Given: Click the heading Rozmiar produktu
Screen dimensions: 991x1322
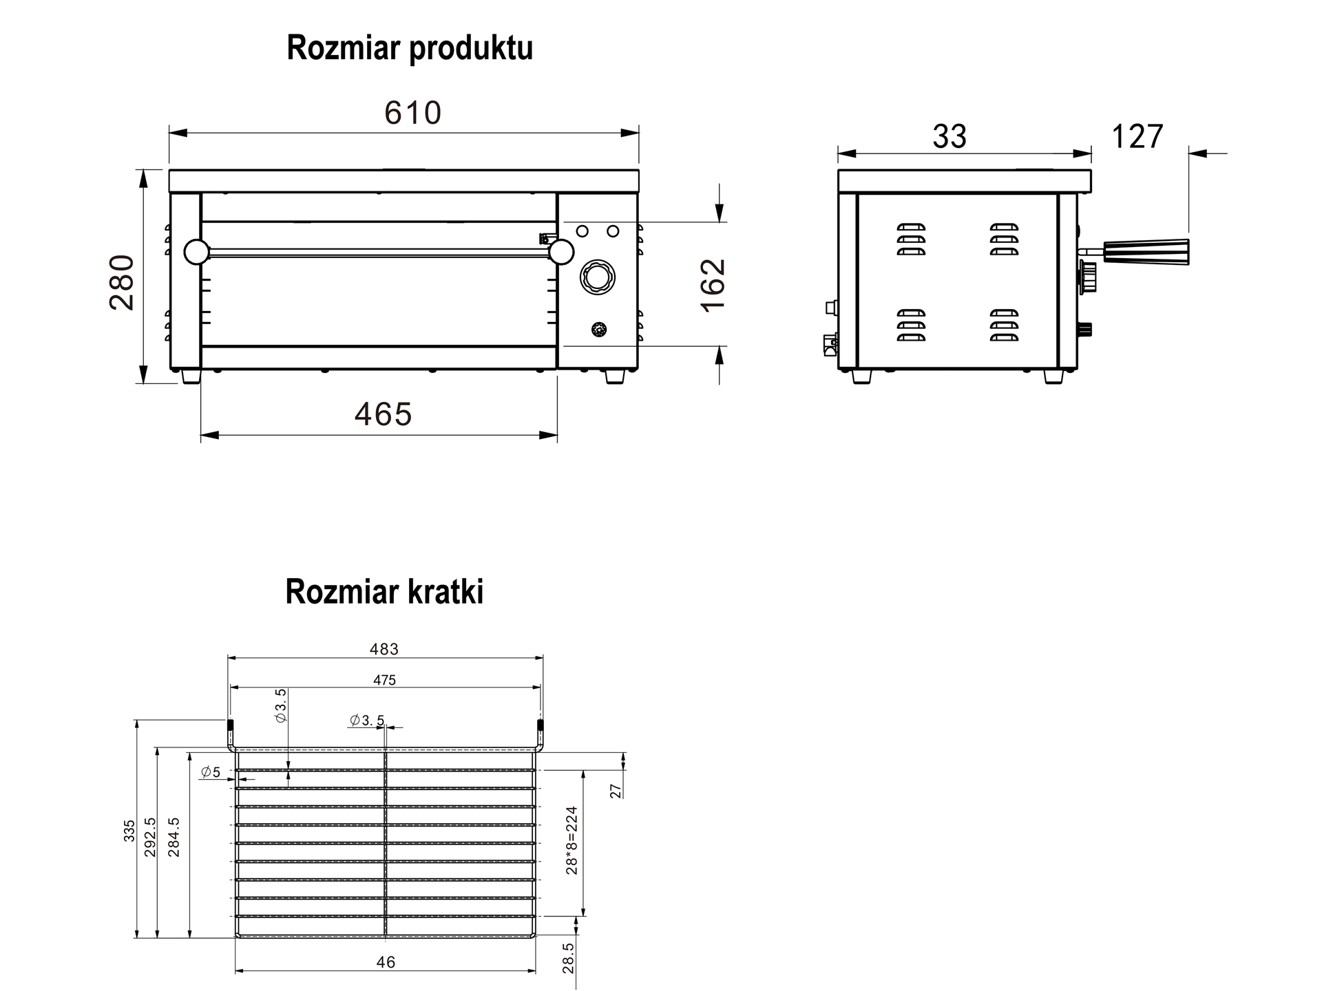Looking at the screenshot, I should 410,49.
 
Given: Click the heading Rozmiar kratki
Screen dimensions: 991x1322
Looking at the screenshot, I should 384,592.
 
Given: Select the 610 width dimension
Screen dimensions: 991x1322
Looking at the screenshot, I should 412,113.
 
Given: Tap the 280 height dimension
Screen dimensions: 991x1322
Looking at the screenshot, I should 123,282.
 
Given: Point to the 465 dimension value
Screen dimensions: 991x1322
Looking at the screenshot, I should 383,414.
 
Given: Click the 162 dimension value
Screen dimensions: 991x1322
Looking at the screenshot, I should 714,285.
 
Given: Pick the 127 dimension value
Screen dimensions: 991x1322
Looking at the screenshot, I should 1137,136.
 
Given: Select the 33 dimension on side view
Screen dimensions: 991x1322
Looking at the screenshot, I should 949,136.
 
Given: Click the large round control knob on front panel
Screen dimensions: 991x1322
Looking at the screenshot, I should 598,278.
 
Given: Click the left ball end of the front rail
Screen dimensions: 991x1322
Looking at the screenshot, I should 196,252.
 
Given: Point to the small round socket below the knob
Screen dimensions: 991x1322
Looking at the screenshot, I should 600,330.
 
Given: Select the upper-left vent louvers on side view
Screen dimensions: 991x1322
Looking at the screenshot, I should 911,239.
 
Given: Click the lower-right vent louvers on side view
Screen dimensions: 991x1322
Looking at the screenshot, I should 1004,325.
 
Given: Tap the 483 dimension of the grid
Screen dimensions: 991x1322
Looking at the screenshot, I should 384,649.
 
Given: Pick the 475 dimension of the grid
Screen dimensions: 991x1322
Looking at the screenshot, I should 384,680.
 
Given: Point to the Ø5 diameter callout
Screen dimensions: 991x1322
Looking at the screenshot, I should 211,772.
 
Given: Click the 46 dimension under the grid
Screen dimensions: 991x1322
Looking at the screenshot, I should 386,962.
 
